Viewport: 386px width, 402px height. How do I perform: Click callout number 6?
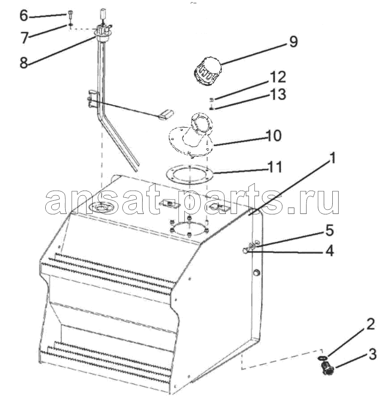[x=24, y=16]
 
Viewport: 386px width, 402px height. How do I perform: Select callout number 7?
[x=24, y=38]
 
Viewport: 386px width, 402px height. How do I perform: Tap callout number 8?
[x=24, y=62]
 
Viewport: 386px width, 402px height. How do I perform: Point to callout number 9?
[x=294, y=42]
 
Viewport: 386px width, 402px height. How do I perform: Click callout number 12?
[x=278, y=77]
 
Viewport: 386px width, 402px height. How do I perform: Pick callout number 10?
[x=274, y=136]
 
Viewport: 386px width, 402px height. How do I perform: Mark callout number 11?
[x=275, y=167]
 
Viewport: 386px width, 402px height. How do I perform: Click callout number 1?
[x=332, y=158]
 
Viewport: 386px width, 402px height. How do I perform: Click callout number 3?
[x=372, y=354]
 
